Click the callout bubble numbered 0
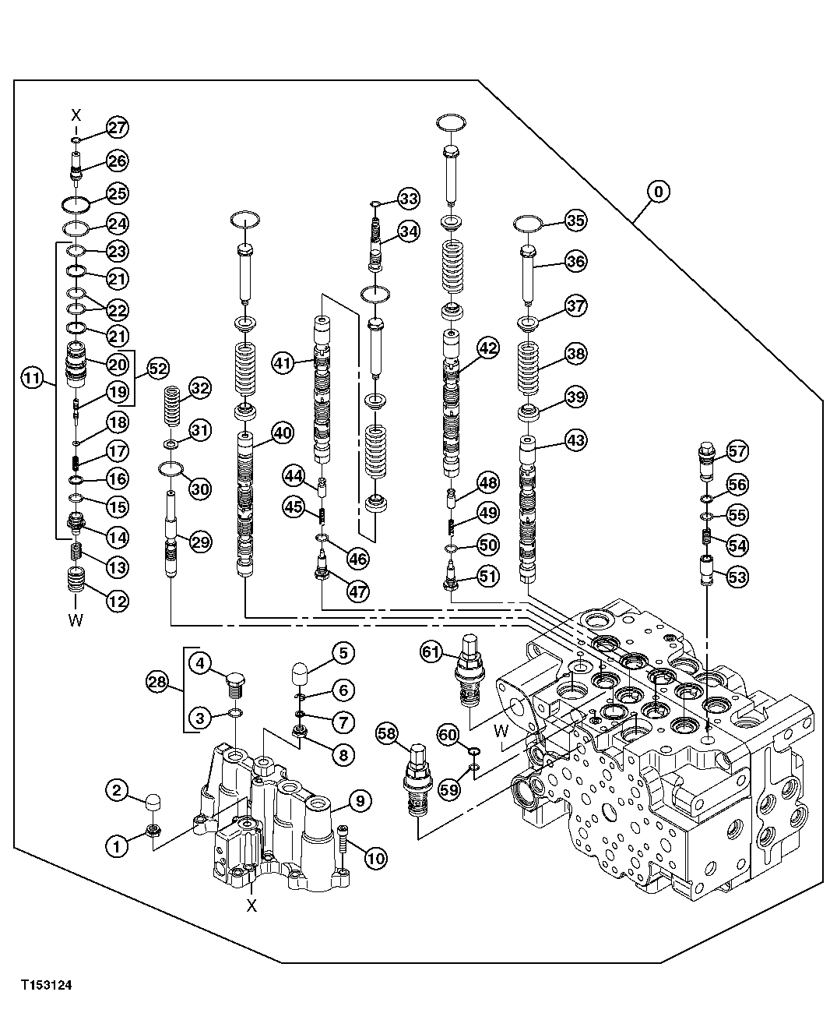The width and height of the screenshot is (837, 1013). tap(659, 191)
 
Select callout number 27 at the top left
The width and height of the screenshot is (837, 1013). tap(118, 128)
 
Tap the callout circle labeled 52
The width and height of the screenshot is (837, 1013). tap(157, 368)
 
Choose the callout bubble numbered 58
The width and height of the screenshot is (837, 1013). tap(387, 732)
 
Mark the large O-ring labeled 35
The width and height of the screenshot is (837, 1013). tap(529, 224)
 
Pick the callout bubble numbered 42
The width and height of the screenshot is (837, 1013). tap(488, 349)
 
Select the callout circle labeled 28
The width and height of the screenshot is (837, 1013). tap(157, 683)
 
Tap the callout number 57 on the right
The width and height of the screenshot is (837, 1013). tap(737, 450)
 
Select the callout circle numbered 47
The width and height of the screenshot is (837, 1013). tap(357, 591)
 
